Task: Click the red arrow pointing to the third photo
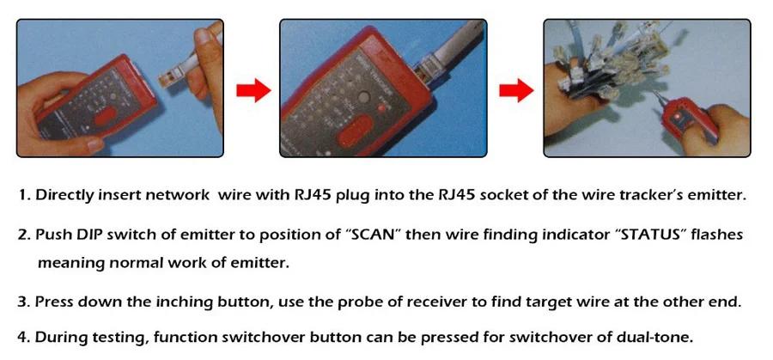(517, 88)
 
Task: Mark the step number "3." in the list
(24, 302)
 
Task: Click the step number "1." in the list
(24, 195)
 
